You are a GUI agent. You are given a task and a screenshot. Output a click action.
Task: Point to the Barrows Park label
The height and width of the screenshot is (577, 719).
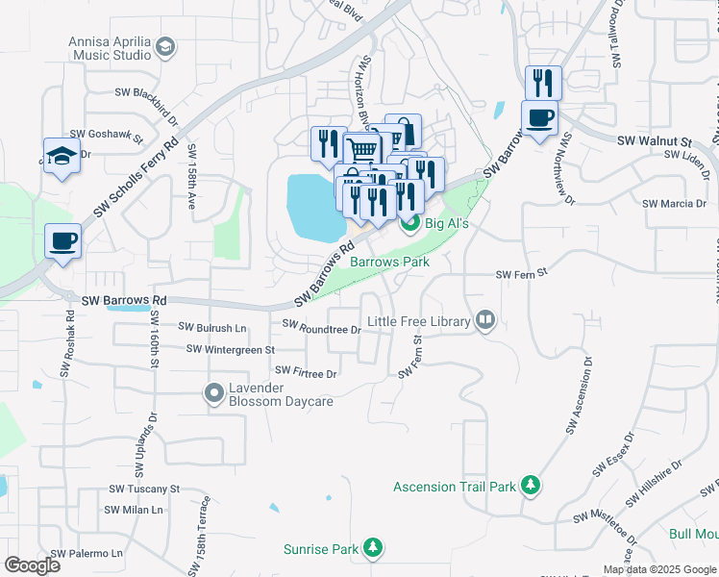point(389,262)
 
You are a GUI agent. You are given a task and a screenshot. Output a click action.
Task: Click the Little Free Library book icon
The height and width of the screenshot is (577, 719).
point(486,321)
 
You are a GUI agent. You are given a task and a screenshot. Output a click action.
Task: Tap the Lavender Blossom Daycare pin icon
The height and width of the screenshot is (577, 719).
point(213,392)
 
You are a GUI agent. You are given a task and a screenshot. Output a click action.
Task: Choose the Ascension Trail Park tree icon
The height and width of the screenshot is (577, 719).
point(531,486)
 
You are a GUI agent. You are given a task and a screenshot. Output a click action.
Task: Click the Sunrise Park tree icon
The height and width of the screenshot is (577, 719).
point(372,549)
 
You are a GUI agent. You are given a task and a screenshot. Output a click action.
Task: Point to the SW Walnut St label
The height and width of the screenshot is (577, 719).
point(654,141)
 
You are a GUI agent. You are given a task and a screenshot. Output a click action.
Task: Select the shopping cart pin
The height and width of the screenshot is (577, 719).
point(361,150)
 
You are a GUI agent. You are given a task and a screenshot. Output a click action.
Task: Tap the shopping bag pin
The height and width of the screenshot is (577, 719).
point(404,131)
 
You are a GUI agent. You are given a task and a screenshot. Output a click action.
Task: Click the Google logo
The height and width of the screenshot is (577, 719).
point(33,565)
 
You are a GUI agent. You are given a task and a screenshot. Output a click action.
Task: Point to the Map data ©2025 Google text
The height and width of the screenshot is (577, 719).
point(658,569)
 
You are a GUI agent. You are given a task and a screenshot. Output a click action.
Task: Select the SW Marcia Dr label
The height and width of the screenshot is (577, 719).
point(675,204)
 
